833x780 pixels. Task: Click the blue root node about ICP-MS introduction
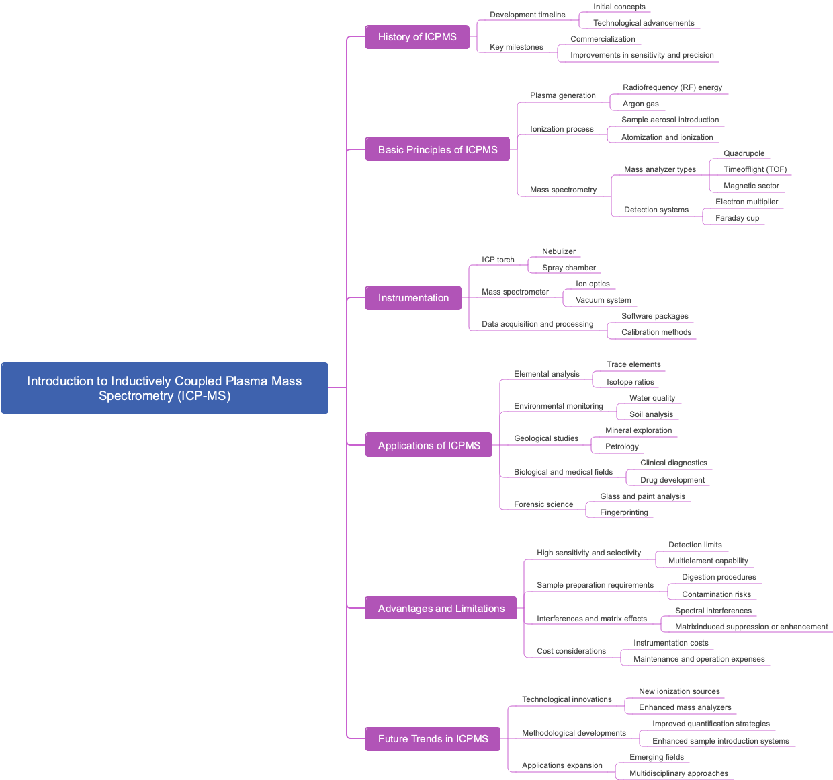pos(165,388)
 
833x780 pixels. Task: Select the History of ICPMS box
pos(417,37)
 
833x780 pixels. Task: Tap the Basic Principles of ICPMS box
pos(437,149)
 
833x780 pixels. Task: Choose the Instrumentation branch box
pos(413,298)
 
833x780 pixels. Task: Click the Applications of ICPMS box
pos(429,445)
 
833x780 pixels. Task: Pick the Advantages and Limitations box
pos(441,608)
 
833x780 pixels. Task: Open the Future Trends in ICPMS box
pos(433,738)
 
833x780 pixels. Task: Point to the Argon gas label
pos(640,104)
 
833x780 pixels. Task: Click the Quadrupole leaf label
pos(744,153)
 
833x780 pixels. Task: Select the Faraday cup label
pos(737,218)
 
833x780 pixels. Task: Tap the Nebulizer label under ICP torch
pos(559,251)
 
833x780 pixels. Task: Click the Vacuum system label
pos(603,300)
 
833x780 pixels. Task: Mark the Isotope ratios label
pos(630,382)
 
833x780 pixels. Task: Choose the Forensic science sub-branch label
pos(543,504)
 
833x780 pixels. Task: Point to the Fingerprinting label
pos(624,512)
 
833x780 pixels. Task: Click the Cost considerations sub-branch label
pos(571,651)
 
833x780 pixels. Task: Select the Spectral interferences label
pos(713,611)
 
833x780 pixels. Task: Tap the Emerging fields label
pos(656,757)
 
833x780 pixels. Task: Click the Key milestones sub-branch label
pos(517,47)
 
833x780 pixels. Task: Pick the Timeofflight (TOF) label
pos(755,169)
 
